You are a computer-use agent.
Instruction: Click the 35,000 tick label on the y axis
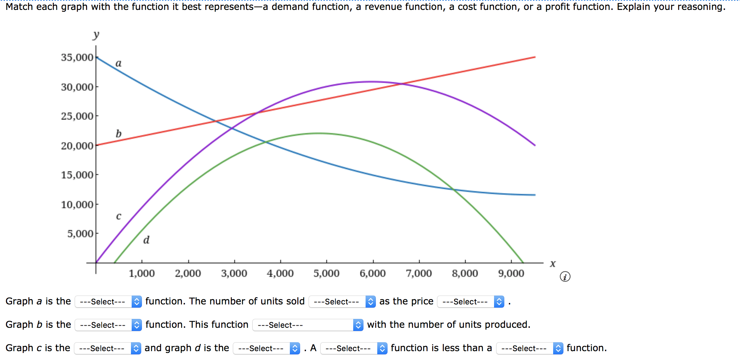tap(77, 57)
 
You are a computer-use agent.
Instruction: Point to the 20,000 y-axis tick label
tap(77, 145)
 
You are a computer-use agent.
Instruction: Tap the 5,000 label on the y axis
tap(80, 234)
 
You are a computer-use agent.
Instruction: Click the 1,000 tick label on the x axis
tap(142, 273)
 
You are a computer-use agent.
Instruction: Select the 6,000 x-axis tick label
tap(373, 273)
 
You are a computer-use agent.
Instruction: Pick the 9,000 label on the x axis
tap(511, 273)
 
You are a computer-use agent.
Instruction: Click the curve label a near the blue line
tap(119, 63)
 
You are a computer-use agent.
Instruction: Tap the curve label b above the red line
tap(119, 133)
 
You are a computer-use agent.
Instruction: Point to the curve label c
tap(119, 216)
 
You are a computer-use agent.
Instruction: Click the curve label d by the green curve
tap(146, 240)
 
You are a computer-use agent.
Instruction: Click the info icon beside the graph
tap(565, 276)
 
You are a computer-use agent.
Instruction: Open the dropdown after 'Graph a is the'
tap(108, 302)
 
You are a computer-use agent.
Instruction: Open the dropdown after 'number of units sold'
tap(342, 302)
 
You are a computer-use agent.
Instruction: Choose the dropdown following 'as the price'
tap(470, 302)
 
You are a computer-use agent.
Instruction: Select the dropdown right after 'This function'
tap(308, 325)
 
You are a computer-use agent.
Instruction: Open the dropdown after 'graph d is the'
tap(266, 348)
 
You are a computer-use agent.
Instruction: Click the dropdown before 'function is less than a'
tap(354, 348)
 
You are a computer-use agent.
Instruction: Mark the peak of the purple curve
tap(371, 82)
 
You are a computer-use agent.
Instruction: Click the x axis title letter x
tap(553, 264)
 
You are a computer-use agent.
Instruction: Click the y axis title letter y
tap(96, 35)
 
